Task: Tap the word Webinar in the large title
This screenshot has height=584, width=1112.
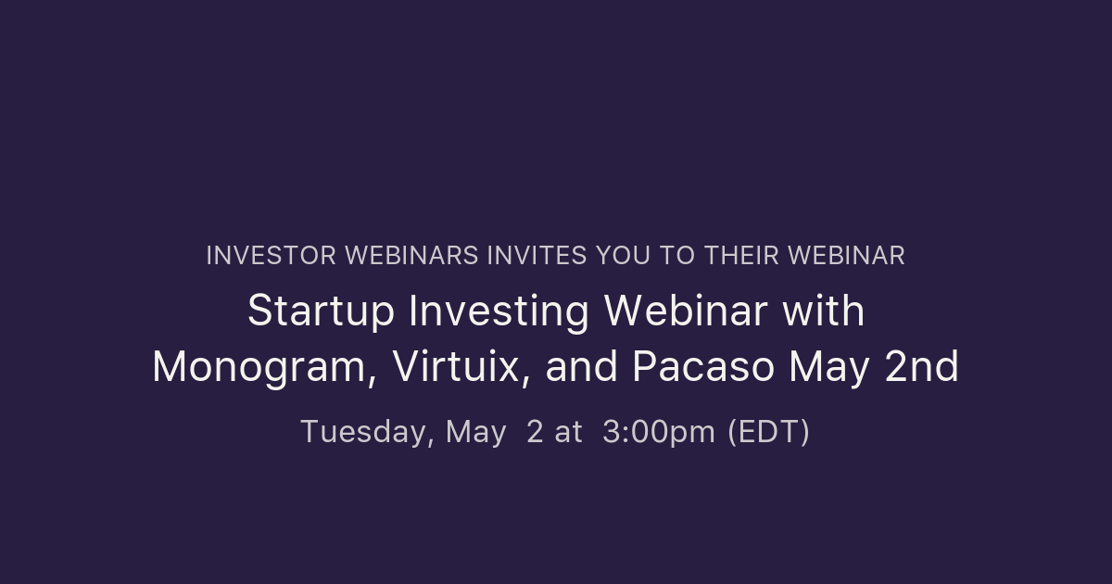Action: coord(686,311)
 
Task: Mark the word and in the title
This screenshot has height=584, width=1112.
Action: coord(582,368)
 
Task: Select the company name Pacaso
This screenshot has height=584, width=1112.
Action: coord(703,368)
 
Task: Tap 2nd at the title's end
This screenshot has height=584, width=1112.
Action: coord(921,368)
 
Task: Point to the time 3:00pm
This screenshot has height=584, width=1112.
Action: coord(658,432)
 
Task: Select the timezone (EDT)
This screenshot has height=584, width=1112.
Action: coord(768,432)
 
